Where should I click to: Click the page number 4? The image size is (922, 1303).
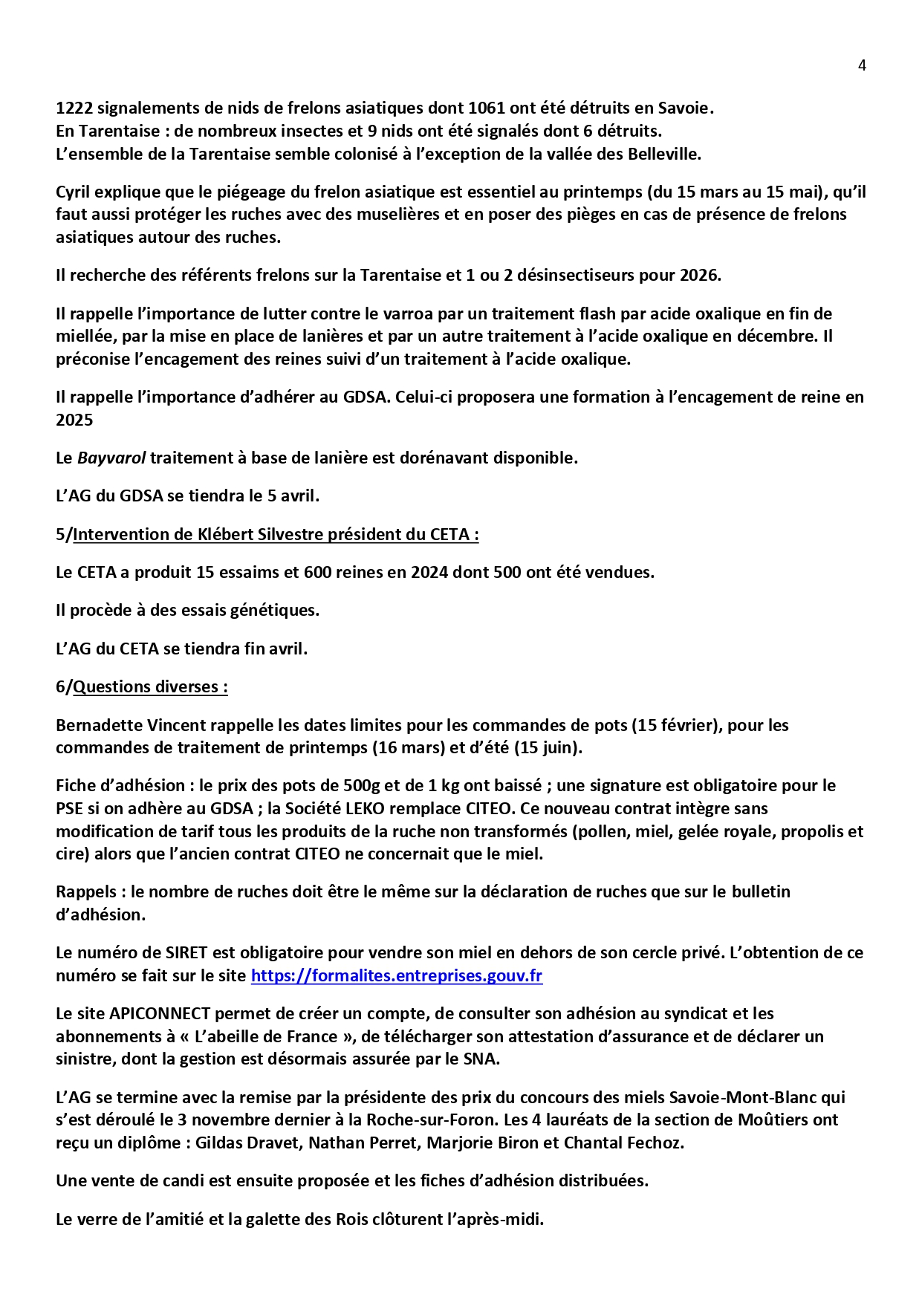tap(862, 65)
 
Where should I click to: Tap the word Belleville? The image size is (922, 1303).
tap(664, 154)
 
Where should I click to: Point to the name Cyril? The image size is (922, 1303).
tap(74, 192)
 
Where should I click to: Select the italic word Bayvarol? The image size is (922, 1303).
tap(111, 458)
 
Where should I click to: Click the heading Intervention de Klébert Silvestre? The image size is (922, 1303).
tap(275, 534)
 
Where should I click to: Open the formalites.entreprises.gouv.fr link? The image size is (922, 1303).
tap(397, 975)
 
